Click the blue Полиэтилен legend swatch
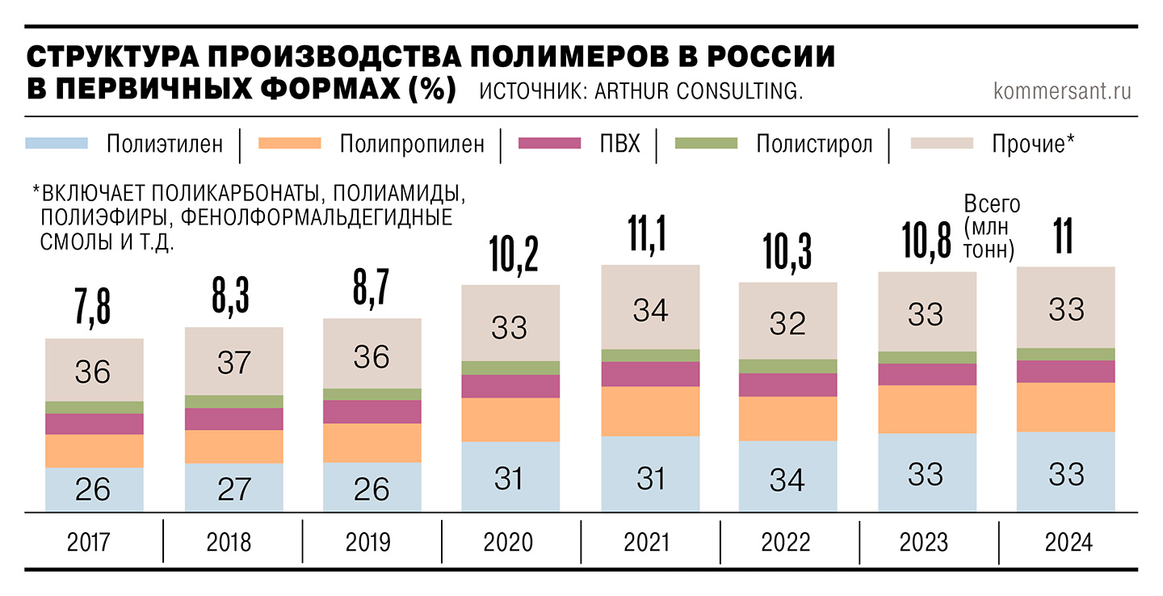[57, 144]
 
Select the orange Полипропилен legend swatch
[290, 144]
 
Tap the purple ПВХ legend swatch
[550, 144]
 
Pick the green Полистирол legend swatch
[707, 144]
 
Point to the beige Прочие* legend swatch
[941, 144]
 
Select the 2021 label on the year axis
[646, 542]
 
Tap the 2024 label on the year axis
[1069, 542]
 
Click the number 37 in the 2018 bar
[234, 363]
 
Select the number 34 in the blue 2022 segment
[787, 479]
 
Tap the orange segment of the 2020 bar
[510, 419]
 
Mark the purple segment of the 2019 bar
[372, 412]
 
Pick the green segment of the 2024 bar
[1066, 354]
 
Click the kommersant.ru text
[1062, 90]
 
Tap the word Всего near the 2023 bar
[993, 204]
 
